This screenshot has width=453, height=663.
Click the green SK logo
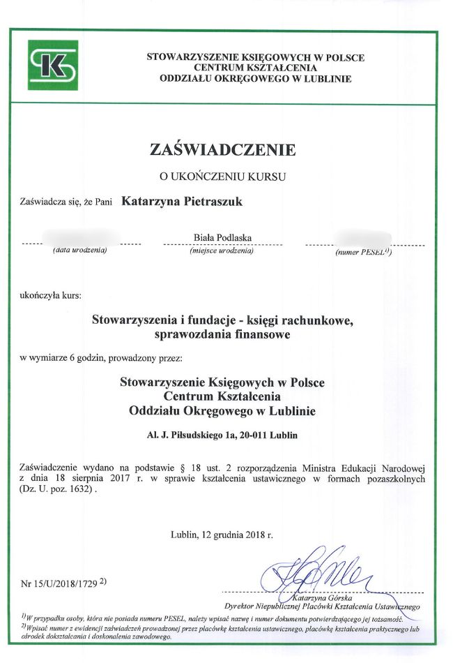tap(53, 65)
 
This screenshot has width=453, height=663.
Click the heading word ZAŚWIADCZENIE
tap(223, 149)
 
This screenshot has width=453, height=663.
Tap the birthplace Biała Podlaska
tap(222, 239)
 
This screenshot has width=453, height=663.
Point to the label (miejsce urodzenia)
tap(222, 251)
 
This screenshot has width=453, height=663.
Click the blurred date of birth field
tap(82, 238)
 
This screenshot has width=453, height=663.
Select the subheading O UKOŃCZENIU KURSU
tap(223, 177)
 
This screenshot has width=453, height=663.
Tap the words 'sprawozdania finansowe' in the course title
tap(224, 335)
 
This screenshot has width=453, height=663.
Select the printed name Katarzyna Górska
tap(304, 597)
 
